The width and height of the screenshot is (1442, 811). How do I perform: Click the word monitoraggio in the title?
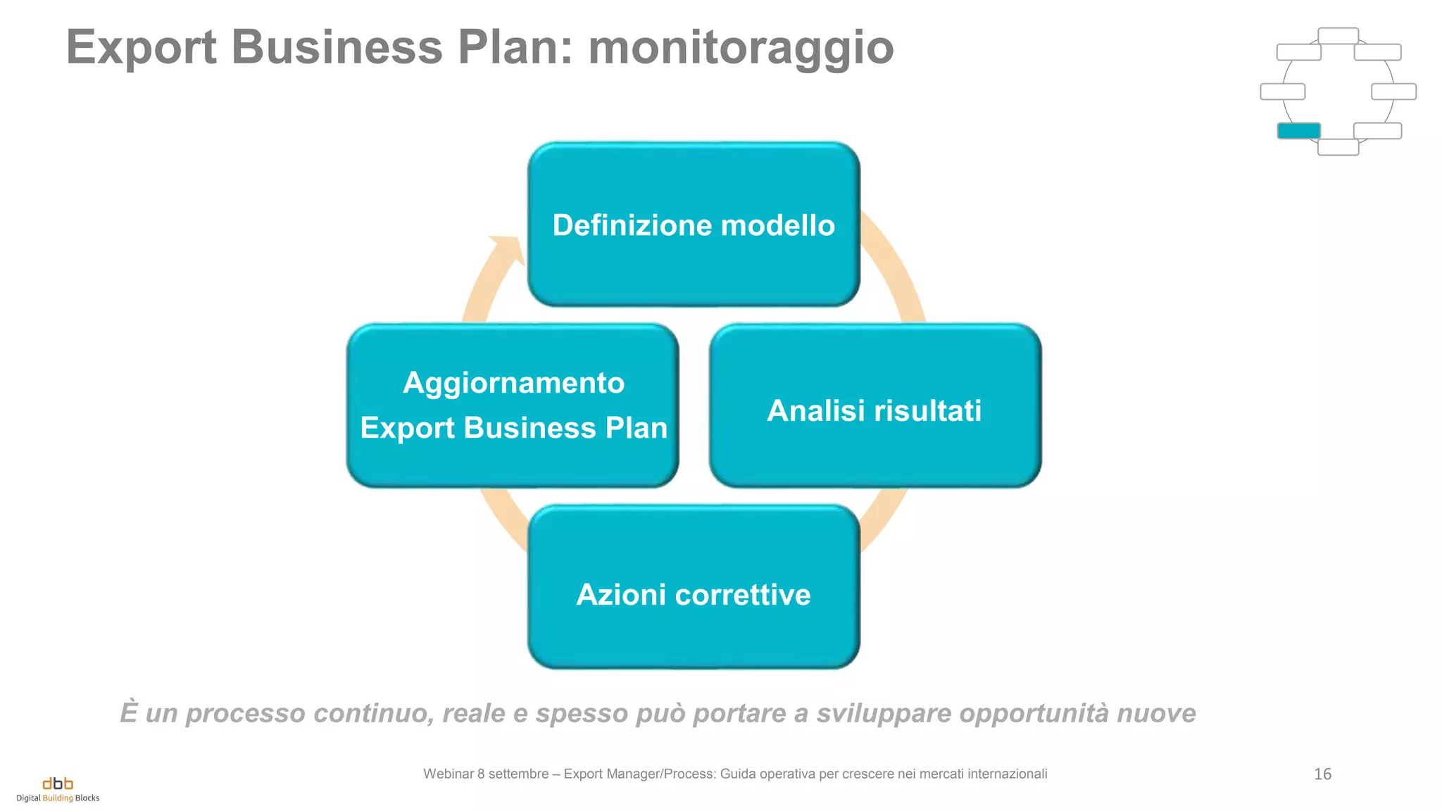coord(741,48)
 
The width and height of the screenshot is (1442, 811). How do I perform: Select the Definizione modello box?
coord(694,225)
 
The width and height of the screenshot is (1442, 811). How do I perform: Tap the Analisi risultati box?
coord(874,406)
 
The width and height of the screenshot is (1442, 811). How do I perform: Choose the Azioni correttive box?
coord(694,587)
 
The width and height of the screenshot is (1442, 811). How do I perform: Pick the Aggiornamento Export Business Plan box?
coord(513,406)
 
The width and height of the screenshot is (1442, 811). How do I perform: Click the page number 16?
coord(1322,774)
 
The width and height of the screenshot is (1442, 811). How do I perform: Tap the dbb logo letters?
coord(58,784)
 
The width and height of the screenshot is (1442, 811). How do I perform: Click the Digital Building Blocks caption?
coord(58,798)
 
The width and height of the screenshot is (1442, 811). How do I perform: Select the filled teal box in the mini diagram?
coord(1298,131)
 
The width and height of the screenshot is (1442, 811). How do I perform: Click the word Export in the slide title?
coord(141,48)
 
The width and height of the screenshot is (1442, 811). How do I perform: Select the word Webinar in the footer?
coord(448,774)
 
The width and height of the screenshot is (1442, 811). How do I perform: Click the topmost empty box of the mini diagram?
coord(1338,36)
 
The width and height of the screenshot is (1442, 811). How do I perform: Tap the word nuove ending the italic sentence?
coord(1156,713)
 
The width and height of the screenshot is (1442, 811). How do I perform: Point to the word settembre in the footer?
coord(518,774)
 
